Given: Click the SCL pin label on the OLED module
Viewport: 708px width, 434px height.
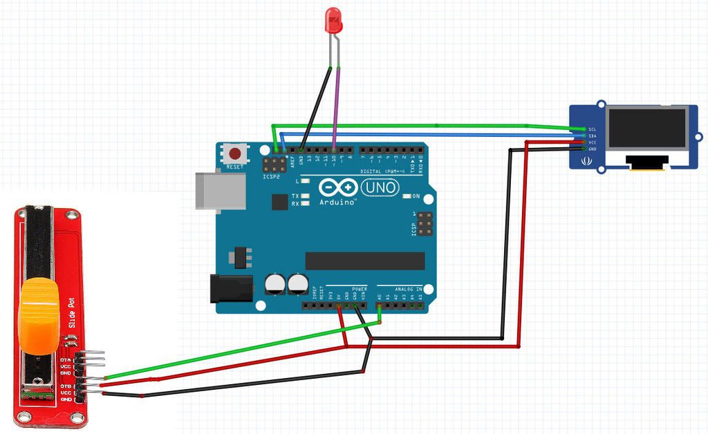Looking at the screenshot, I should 592,129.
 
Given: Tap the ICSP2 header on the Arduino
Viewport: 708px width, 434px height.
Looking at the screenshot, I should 272,165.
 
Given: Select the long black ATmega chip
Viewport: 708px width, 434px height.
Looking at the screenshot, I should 365,261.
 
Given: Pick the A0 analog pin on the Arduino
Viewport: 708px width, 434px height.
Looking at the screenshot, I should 380,305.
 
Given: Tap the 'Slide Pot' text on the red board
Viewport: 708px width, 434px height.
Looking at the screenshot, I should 71,313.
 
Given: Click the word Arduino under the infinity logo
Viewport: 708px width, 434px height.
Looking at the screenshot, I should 337,203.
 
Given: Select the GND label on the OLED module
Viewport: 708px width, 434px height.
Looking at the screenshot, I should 592,149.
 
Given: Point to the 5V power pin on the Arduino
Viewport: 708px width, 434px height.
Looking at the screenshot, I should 339,305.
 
